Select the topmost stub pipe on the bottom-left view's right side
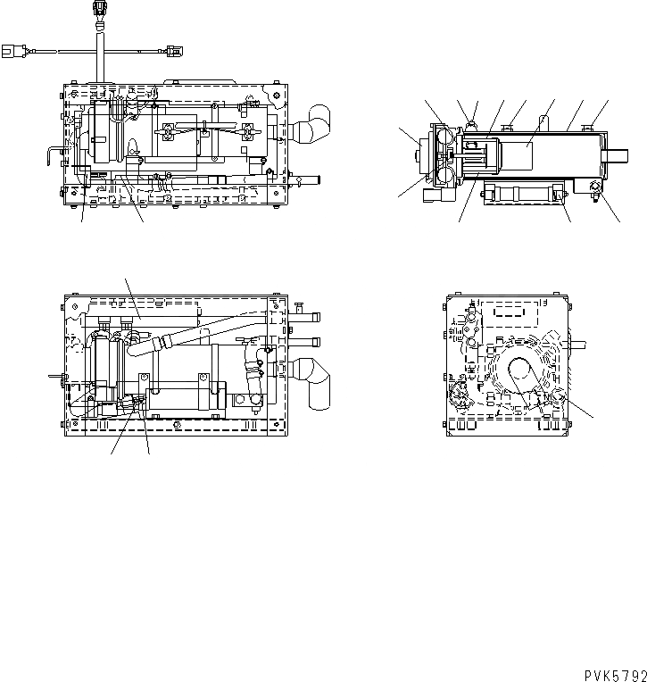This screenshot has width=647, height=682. pyautogui.click(x=303, y=312)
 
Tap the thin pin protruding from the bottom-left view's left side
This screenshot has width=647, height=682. pyautogui.click(x=56, y=377)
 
